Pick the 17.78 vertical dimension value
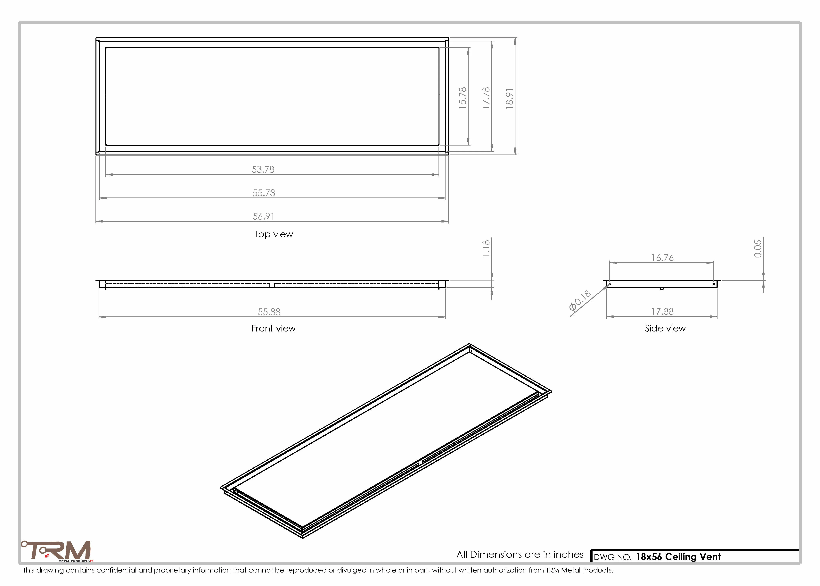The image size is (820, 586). [486, 98]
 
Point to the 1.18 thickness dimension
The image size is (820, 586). [486, 248]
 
